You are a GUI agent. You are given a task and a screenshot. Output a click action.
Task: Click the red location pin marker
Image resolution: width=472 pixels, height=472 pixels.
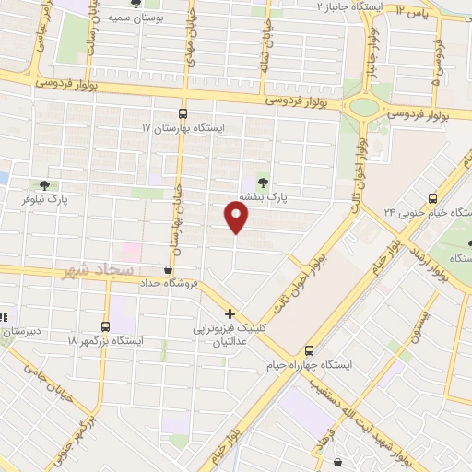coord(237,217)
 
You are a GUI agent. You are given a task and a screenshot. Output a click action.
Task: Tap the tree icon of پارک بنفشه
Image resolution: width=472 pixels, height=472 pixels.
coord(263,182)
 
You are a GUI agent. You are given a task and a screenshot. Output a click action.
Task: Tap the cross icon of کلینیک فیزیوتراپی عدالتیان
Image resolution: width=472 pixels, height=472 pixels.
coord(230,313)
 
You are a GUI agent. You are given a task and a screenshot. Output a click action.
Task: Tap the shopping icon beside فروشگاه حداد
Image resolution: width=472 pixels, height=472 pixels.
coord(168,269)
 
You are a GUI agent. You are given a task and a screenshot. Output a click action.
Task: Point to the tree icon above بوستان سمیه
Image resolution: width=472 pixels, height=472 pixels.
coord(136,3)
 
